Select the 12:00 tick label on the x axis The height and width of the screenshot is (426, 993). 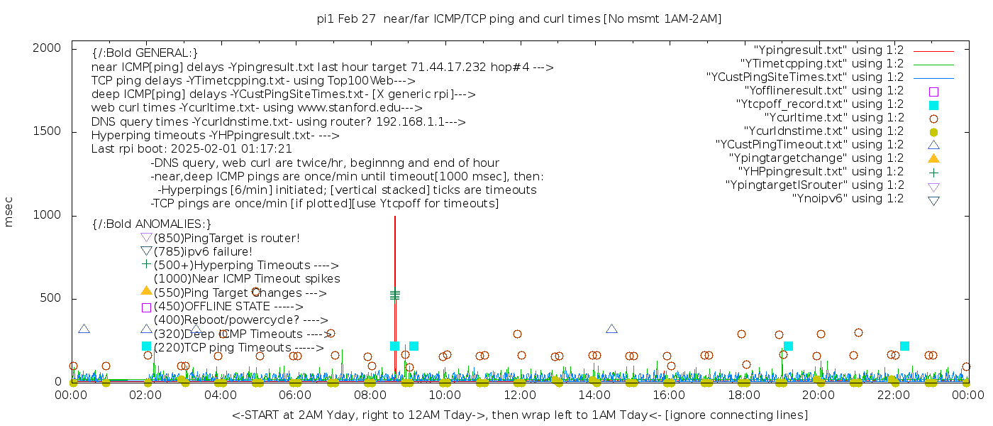click(x=519, y=395)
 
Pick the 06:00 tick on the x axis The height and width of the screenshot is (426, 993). click(x=295, y=395)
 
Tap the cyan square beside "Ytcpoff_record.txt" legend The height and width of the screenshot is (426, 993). click(x=933, y=104)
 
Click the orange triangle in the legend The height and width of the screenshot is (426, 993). click(x=933, y=158)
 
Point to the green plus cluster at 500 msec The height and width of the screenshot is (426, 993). click(x=395, y=294)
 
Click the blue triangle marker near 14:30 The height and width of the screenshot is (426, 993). click(x=611, y=329)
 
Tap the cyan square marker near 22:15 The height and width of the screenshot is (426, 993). click(x=904, y=346)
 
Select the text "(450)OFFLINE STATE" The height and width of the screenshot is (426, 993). click(x=211, y=307)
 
